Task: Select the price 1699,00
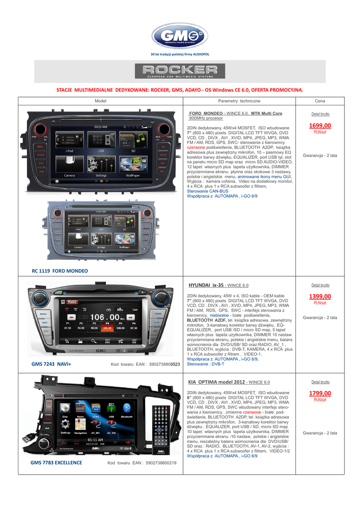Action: pyautogui.click(x=320, y=126)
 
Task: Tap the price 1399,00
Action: pyautogui.click(x=320, y=297)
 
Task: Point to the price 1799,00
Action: pyautogui.click(x=320, y=394)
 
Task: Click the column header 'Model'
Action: pyautogui.click(x=100, y=101)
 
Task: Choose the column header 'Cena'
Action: pyautogui.click(x=320, y=101)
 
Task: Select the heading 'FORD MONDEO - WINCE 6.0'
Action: pyautogui.click(x=236, y=113)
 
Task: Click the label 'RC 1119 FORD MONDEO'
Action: pyautogui.click(x=59, y=271)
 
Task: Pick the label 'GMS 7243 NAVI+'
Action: pyautogui.click(x=51, y=364)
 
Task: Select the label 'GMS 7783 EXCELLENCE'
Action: pyautogui.click(x=56, y=463)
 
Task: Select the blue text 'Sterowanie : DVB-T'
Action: pyautogui.click(x=205, y=364)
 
